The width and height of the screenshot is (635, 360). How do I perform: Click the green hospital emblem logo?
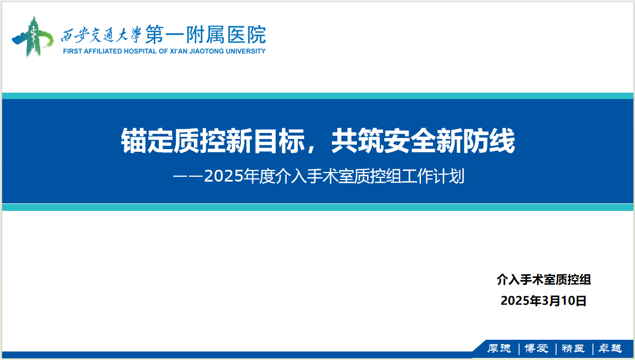click(32, 36)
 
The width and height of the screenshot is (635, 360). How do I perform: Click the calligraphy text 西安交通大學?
click(101, 35)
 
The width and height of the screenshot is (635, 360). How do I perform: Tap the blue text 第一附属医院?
click(206, 35)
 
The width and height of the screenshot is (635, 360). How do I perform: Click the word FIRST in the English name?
click(72, 51)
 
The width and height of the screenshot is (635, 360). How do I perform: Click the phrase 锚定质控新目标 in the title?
click(213, 141)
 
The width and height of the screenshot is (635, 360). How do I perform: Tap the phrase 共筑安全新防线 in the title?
click(423, 141)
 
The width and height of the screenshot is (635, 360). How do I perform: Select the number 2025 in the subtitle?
click(223, 177)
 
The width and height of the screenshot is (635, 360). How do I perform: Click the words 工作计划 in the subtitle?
click(433, 177)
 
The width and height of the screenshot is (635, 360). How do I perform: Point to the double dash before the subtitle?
click(188, 177)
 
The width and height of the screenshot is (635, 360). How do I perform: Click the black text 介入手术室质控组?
click(544, 280)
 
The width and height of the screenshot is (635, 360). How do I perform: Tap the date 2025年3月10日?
click(543, 300)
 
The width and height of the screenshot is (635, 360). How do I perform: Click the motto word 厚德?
click(499, 348)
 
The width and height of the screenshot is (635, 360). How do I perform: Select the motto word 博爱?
click(536, 348)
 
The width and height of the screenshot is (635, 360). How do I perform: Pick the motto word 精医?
click(573, 348)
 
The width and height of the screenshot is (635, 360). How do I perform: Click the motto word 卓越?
click(610, 348)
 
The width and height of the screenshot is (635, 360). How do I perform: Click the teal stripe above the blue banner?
click(318, 96)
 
